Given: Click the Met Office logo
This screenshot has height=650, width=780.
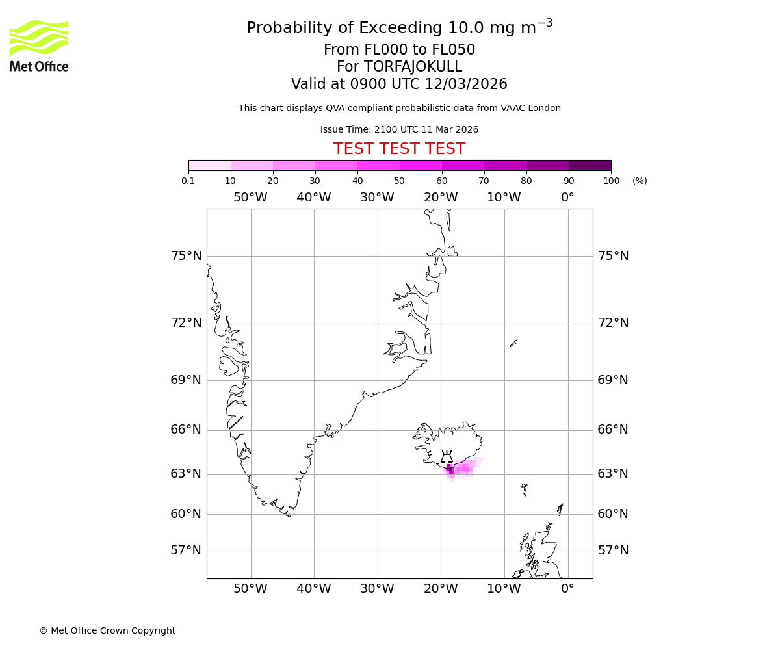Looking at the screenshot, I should tap(39, 45).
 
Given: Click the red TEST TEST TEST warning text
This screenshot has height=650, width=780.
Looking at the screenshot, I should tap(399, 149).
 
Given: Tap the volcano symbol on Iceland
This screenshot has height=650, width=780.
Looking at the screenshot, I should tap(447, 456).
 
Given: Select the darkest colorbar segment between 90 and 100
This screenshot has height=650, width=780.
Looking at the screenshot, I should tap(590, 165).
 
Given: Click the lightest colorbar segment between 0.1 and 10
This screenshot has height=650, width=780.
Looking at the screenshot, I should tap(209, 165).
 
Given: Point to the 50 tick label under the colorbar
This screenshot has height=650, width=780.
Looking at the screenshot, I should tap(399, 181).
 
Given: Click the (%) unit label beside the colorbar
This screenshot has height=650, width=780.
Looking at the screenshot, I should tap(640, 181).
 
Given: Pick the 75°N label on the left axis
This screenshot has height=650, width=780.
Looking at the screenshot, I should tap(186, 256).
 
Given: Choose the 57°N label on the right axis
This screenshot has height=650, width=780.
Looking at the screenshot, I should tap(613, 551).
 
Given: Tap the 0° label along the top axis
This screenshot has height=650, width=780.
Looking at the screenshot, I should tap(567, 198).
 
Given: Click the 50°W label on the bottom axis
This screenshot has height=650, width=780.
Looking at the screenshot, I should tap(250, 589).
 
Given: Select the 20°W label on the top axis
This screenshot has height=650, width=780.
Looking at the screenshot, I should tap(441, 198).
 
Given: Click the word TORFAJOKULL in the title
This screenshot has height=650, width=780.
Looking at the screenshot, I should tap(413, 67).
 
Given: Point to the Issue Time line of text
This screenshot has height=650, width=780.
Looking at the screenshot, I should tap(399, 129).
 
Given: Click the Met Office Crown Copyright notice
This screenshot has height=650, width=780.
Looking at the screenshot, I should tap(107, 630).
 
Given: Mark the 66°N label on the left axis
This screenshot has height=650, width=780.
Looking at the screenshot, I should tap(186, 430).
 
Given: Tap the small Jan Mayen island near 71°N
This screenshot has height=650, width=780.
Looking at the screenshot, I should tap(513, 343).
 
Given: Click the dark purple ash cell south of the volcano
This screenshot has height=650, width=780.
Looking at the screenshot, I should tap(449, 469).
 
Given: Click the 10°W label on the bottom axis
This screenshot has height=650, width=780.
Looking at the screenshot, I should tap(504, 589).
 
